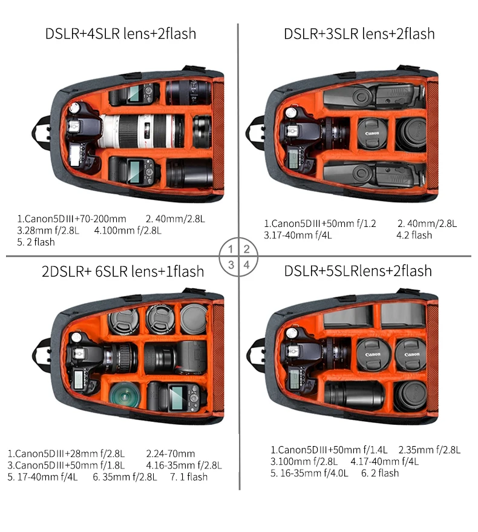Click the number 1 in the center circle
click(x=231, y=249)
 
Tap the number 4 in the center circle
click(x=247, y=264)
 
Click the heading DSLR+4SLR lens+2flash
click(x=121, y=34)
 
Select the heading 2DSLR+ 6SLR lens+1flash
click(x=123, y=272)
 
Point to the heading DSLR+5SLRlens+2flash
click(x=358, y=271)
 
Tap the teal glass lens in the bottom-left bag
click(x=125, y=395)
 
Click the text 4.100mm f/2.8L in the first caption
click(x=128, y=231)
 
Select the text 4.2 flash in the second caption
click(x=414, y=235)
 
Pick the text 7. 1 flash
click(x=189, y=477)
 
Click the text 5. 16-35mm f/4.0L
click(x=309, y=473)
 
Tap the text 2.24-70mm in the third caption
click(x=170, y=454)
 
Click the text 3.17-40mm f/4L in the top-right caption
click(x=298, y=235)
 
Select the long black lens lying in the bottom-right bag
click(x=354, y=395)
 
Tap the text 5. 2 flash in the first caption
click(x=36, y=242)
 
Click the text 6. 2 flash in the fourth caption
click(x=380, y=473)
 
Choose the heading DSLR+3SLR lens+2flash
click(x=359, y=34)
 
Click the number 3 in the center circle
click(x=231, y=264)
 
